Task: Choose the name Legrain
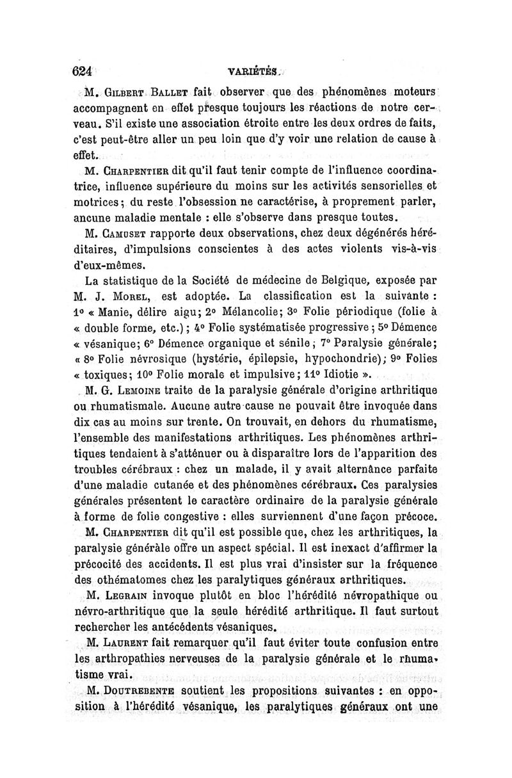[131, 594]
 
